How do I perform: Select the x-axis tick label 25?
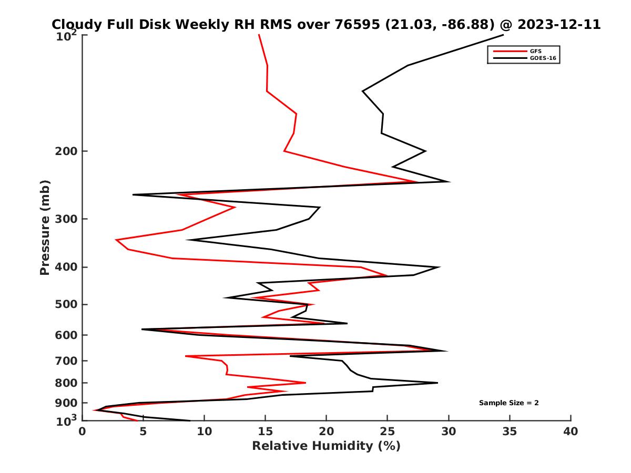[x=388, y=432]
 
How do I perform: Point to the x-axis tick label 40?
[x=571, y=432]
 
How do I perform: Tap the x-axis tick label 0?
[x=83, y=432]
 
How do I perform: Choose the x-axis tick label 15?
[x=266, y=432]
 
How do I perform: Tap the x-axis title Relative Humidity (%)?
[x=326, y=446]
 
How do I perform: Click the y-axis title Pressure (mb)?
[x=45, y=227]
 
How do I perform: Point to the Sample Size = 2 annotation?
[x=508, y=403]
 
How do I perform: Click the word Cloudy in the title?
[x=75, y=25]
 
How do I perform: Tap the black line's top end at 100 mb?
[x=503, y=35]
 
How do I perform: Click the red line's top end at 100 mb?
[x=259, y=35]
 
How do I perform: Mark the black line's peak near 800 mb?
[x=437, y=383]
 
